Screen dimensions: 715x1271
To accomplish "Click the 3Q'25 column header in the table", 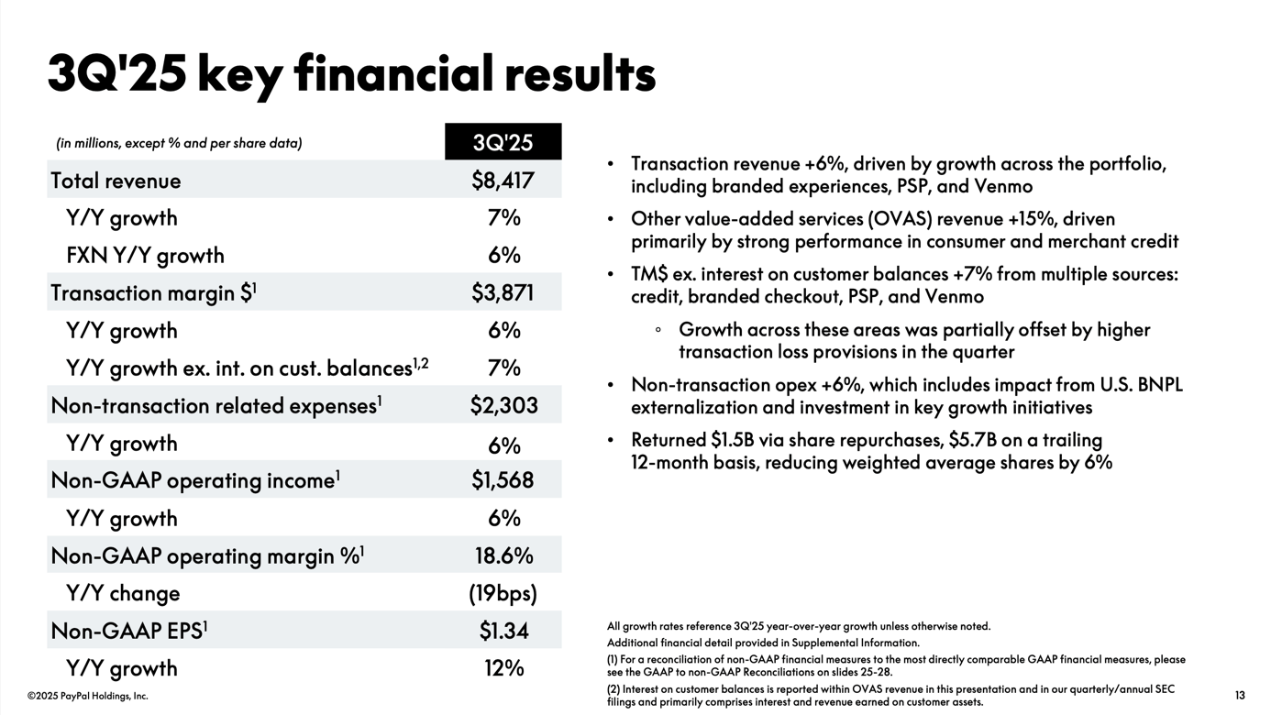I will [x=503, y=142].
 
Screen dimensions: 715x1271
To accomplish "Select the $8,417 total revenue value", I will [x=503, y=181].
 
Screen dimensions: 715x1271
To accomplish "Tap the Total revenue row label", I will [x=116, y=181].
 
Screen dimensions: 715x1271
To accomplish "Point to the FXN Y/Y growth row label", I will [x=145, y=255].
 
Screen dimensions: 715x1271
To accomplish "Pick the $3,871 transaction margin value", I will [x=503, y=292].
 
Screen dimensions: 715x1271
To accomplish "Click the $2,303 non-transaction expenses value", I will [x=503, y=405].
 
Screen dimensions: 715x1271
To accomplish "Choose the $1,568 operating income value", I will [x=503, y=480].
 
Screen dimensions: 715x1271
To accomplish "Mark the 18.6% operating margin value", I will [x=503, y=555].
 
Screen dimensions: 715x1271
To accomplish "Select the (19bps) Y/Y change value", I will [x=503, y=593].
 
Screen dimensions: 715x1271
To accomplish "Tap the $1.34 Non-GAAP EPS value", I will [x=503, y=631].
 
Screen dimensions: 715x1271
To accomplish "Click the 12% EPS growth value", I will [x=503, y=668].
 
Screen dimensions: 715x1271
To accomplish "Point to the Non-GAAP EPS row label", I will [x=129, y=631].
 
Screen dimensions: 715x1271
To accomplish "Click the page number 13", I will [x=1240, y=696].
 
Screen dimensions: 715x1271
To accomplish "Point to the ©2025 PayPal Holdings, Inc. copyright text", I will [x=87, y=696].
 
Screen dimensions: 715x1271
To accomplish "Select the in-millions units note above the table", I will [x=179, y=143].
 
